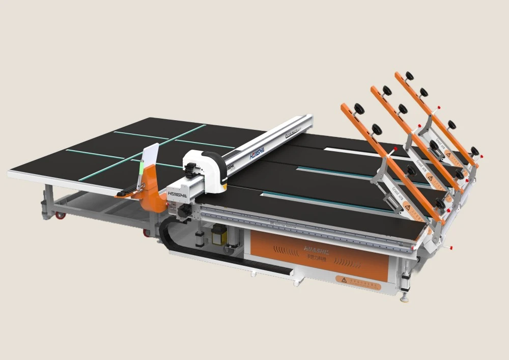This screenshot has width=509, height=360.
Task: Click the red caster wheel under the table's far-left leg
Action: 61,215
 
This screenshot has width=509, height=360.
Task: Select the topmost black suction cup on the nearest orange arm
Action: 359,108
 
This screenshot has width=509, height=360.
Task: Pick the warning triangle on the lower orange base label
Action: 344,280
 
